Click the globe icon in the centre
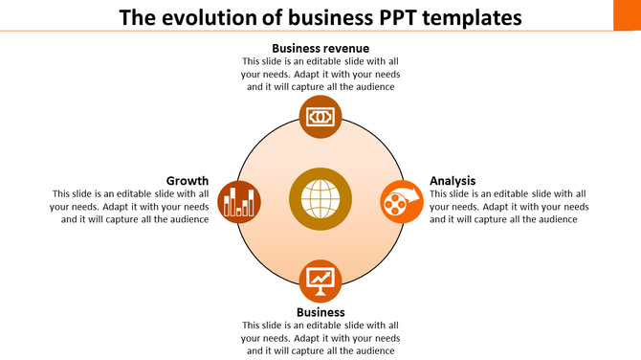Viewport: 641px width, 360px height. [x=320, y=199]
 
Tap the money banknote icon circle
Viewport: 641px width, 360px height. [x=320, y=117]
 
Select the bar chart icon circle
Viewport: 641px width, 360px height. [x=239, y=201]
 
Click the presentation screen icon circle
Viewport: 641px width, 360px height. [x=320, y=281]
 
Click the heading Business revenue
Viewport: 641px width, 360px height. [x=320, y=48]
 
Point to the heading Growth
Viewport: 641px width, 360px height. [x=188, y=180]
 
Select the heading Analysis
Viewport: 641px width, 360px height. [x=453, y=180]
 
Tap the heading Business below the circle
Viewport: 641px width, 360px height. [x=320, y=312]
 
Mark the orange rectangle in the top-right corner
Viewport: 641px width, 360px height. [x=626, y=14]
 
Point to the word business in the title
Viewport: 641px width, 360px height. [x=318, y=17]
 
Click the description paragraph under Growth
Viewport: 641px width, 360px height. [x=129, y=206]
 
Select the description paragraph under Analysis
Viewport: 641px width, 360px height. [x=509, y=206]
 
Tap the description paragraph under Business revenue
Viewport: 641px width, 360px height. [x=320, y=74]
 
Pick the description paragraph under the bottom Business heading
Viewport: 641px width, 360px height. [x=320, y=338]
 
